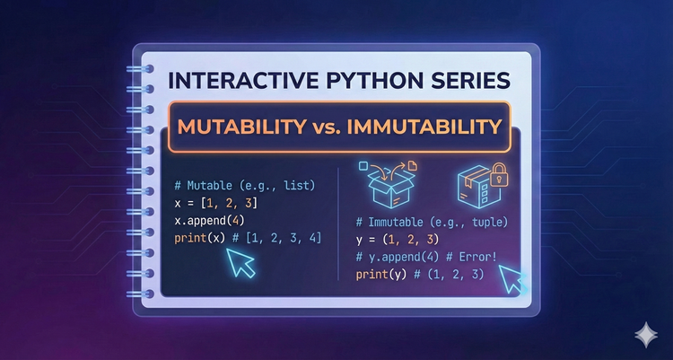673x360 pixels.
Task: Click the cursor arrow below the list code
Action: [242, 263]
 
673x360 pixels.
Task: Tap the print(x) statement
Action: [203, 239]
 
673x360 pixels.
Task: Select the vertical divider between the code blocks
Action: [337, 229]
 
